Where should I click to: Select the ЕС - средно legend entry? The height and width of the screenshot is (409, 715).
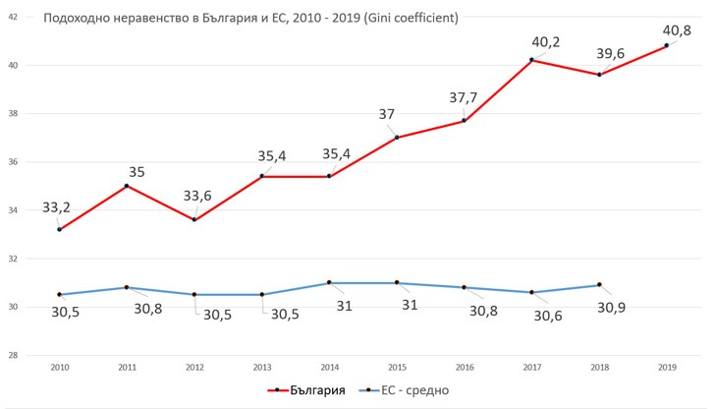click(x=410, y=390)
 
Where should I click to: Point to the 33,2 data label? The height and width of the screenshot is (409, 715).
click(x=57, y=207)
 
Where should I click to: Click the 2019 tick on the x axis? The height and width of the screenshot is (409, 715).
click(x=667, y=366)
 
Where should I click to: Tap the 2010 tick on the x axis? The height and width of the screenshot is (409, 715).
click(x=60, y=366)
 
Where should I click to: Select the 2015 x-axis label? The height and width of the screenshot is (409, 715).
click(x=397, y=366)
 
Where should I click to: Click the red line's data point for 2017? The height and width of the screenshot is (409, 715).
click(x=531, y=60)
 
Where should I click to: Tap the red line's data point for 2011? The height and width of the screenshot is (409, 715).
click(x=127, y=186)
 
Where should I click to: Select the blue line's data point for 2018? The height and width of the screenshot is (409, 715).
click(x=599, y=285)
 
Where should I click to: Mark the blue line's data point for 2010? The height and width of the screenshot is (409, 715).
click(x=60, y=294)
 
